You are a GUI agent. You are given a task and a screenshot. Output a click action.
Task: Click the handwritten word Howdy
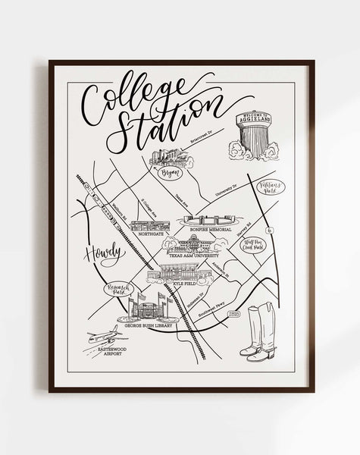pos(103,254)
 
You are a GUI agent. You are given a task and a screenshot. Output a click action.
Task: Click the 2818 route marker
pos(234,311)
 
